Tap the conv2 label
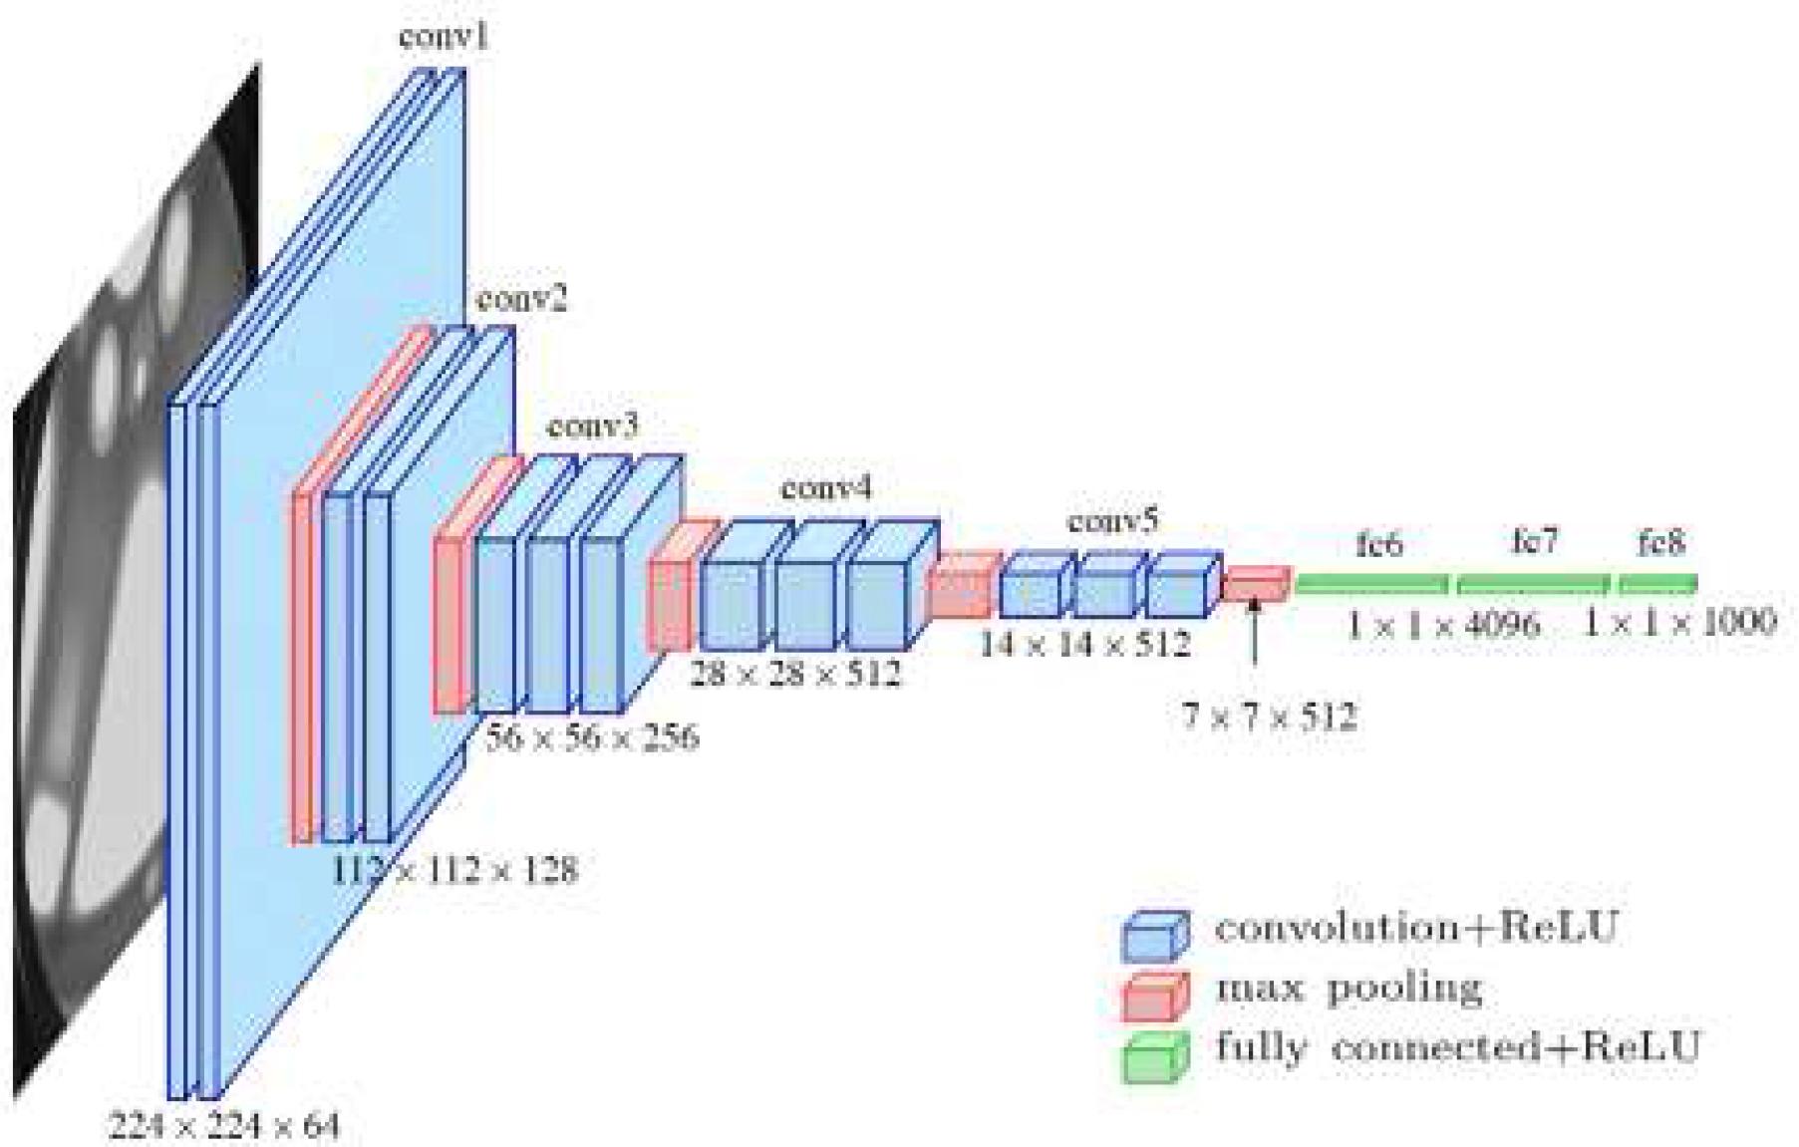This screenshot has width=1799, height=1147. pyautogui.click(x=521, y=298)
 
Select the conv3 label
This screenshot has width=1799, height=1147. pyautogui.click(x=593, y=427)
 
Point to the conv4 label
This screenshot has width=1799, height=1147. pyautogui.click(x=826, y=488)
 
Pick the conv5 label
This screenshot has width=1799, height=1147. pyautogui.click(x=1113, y=521)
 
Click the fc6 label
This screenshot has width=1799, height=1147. pyautogui.click(x=1379, y=544)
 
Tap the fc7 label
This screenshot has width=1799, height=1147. pyautogui.click(x=1534, y=541)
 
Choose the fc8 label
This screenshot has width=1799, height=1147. pyautogui.click(x=1660, y=543)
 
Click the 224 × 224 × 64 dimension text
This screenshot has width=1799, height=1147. pyautogui.click(x=224, y=1127)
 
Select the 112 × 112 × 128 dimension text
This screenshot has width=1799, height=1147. pyautogui.click(x=454, y=870)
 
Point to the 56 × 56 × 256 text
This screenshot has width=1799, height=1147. pyautogui.click(x=592, y=737)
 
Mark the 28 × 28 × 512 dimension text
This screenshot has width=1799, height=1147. pyautogui.click(x=795, y=674)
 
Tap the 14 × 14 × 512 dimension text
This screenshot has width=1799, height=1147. pyautogui.click(x=1084, y=645)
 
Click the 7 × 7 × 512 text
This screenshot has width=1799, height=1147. pyautogui.click(x=1269, y=717)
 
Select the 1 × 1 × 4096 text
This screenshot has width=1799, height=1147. pyautogui.click(x=1443, y=625)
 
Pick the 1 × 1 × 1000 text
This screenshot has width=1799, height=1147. pyautogui.click(x=1680, y=623)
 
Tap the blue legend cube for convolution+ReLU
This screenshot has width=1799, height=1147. pyautogui.click(x=1155, y=935)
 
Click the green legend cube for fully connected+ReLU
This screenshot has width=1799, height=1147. pyautogui.click(x=1155, y=1056)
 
